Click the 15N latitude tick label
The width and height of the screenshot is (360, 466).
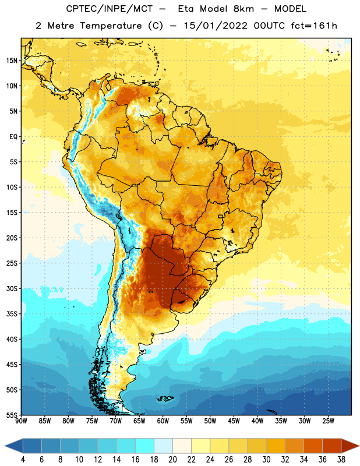pyautogui.click(x=12, y=61)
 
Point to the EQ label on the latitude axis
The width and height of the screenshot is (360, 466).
pyautogui.click(x=13, y=137)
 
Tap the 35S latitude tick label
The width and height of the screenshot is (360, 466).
pyautogui.click(x=12, y=314)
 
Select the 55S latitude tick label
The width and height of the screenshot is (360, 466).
pyautogui.click(x=12, y=415)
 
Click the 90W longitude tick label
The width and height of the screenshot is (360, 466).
pyautogui.click(x=21, y=421)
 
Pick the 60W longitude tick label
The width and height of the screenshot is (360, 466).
pyautogui.click(x=163, y=421)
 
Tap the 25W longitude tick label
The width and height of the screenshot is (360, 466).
pyautogui.click(x=328, y=421)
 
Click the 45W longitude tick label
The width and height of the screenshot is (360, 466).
pyautogui.click(x=234, y=421)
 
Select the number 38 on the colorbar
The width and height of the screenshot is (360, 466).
pyautogui.click(x=341, y=460)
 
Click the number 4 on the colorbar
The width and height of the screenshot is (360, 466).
pyautogui.click(x=23, y=460)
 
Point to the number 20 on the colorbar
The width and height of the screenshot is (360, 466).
pyautogui.click(x=172, y=460)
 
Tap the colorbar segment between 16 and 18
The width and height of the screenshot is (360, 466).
pyautogui.click(x=145, y=446)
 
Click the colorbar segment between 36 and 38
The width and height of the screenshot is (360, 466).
pyautogui.click(x=332, y=446)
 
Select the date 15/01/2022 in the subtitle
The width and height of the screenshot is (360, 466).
pyautogui.click(x=216, y=26)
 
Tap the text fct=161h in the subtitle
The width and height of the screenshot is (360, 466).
pyautogui.click(x=314, y=26)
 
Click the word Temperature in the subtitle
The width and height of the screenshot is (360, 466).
pyautogui.click(x=111, y=26)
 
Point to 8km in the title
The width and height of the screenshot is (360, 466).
pyautogui.click(x=243, y=9)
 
